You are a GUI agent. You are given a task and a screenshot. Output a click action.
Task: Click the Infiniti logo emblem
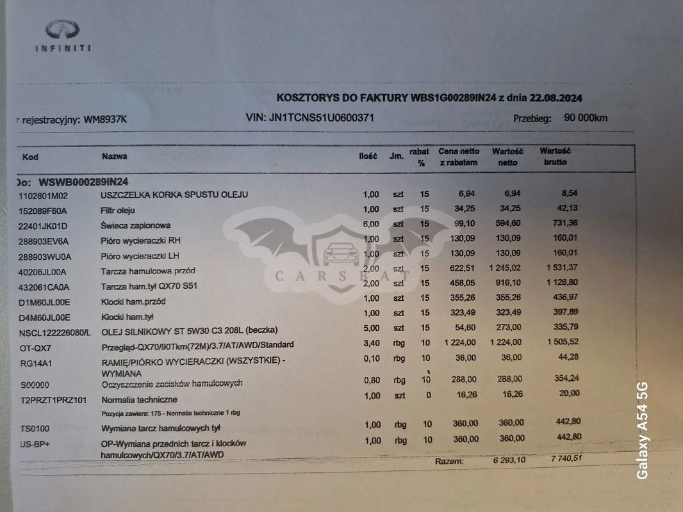tap(62, 29)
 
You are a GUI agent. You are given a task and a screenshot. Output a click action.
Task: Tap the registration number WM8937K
tap(106, 119)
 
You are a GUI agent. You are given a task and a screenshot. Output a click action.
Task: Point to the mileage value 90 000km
tap(586, 118)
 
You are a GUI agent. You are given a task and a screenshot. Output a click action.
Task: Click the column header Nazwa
tap(114, 156)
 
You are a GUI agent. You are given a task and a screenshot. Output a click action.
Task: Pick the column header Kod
tap(30, 157)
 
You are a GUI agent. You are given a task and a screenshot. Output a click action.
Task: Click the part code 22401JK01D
tap(44, 226)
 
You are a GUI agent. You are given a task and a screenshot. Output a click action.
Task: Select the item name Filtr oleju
tap(118, 210)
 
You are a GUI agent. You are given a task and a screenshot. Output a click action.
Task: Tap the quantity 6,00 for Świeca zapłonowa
tap(371, 225)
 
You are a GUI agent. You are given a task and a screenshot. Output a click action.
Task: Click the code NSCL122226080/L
tap(55, 332)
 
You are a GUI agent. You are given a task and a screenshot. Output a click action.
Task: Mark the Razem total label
tap(448, 461)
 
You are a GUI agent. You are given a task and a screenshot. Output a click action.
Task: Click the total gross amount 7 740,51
tap(561, 459)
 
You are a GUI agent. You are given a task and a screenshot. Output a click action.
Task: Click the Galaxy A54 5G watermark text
tap(643, 430)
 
